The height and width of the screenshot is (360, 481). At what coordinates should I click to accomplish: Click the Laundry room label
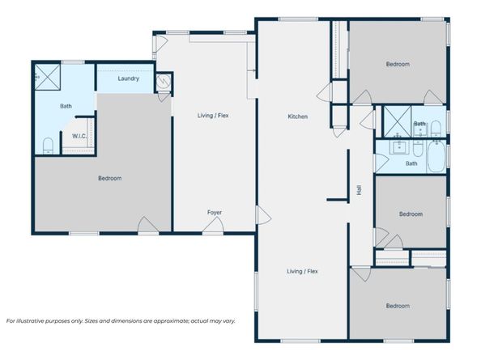(x=128, y=78)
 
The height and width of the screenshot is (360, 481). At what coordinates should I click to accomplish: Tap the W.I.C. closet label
(x=79, y=136)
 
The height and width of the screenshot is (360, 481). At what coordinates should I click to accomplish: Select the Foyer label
(x=214, y=212)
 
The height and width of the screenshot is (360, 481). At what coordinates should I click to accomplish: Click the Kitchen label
(x=297, y=117)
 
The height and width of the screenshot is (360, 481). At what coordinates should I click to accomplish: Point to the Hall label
(x=358, y=191)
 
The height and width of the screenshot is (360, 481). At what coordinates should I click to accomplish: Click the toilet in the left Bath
(x=48, y=146)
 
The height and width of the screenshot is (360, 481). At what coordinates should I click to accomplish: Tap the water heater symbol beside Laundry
(x=163, y=80)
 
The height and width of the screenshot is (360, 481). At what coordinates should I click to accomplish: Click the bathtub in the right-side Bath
(x=436, y=157)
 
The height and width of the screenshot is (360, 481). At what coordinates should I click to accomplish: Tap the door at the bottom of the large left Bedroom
(x=147, y=225)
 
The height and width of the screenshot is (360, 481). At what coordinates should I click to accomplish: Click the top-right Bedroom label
(x=397, y=64)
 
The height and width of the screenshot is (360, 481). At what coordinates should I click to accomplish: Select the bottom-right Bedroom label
(x=397, y=306)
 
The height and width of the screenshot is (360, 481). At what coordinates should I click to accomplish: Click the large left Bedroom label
(x=109, y=178)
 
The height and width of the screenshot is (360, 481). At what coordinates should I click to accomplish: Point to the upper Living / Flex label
(x=214, y=116)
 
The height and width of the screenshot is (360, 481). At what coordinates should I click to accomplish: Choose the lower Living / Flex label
(x=301, y=271)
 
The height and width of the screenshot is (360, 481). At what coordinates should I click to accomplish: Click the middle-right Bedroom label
(x=411, y=214)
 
